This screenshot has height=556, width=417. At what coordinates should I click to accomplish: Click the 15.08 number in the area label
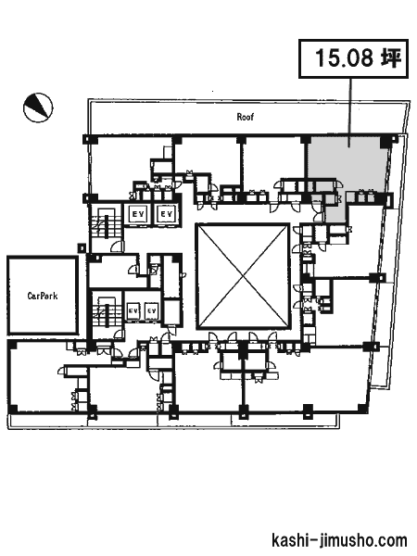click(344, 58)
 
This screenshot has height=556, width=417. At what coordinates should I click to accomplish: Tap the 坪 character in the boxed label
click(391, 57)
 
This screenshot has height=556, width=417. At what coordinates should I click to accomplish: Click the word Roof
click(246, 117)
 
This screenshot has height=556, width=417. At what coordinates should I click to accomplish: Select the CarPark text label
click(43, 296)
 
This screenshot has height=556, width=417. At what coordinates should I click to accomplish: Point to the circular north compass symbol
click(38, 107)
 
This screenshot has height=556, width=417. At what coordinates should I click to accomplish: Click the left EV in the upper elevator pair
click(137, 214)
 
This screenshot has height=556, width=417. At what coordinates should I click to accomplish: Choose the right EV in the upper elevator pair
click(166, 214)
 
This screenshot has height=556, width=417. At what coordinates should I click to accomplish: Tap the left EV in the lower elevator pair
click(133, 311)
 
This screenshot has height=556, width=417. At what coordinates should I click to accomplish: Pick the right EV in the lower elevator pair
click(151, 311)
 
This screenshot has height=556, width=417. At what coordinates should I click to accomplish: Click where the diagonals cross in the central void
click(243, 276)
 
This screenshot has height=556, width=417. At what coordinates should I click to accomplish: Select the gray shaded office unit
click(346, 167)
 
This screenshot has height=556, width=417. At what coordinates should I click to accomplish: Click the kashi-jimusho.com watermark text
click(339, 540)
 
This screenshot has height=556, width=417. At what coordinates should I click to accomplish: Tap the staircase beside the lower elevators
click(106, 311)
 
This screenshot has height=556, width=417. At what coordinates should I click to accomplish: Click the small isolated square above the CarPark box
click(82, 247)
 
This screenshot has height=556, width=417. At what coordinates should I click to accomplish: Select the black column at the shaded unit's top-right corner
click(385, 142)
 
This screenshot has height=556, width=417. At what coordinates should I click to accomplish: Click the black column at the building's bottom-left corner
click(12, 409)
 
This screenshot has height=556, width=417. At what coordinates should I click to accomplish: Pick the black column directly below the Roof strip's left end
click(90, 139)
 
